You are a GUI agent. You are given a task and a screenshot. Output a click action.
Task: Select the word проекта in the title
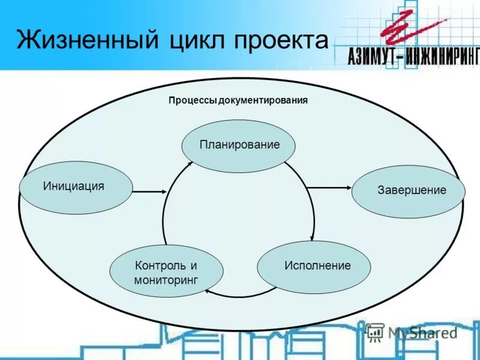tap(282, 40)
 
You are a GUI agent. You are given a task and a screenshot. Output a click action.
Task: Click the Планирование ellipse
tap(239, 145)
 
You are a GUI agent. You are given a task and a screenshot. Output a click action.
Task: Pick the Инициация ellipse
tap(75, 187)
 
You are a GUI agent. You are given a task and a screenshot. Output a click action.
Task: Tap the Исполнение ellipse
tap(314, 266)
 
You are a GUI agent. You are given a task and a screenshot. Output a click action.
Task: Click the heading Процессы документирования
tap(238, 101)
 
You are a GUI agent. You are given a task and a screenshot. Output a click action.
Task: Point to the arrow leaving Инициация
tap(149, 192)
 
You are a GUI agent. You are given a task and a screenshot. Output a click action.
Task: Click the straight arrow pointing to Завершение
tap(329, 188)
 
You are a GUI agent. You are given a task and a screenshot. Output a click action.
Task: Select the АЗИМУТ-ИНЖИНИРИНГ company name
tap(414, 56)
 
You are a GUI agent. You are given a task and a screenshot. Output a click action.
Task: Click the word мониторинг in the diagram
tap(166, 280)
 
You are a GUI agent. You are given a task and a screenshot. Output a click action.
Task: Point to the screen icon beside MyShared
tap(375, 331)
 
